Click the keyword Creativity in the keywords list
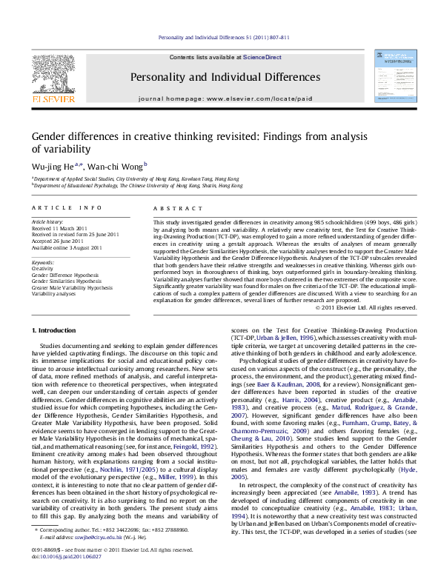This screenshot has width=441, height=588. point(42,269)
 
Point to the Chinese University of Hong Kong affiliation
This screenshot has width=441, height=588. point(140,186)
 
